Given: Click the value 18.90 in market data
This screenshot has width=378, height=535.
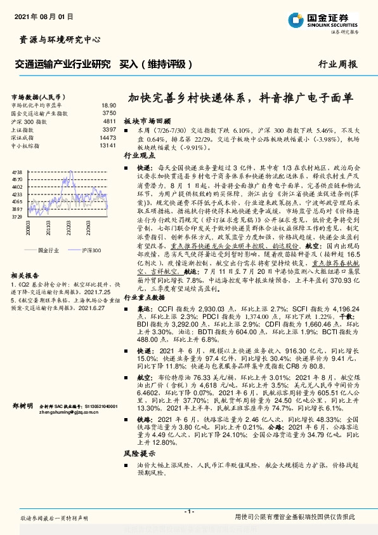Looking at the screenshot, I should pos(108,105).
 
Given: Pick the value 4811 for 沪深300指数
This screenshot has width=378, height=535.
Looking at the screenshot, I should pos(109,121).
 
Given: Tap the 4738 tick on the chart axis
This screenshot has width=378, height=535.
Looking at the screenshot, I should pos(18,172).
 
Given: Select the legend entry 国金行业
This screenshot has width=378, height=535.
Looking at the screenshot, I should pos(48,233).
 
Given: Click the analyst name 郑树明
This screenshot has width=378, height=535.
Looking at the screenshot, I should pos(22,405).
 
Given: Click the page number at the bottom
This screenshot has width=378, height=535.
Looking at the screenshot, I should pos(188,511).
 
